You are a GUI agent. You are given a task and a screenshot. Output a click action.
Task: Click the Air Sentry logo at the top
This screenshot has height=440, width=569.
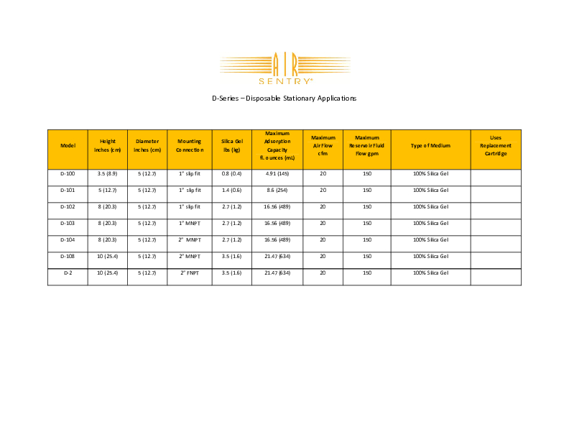click(284, 68)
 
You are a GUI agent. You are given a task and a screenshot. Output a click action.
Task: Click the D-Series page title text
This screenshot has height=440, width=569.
click(284, 98)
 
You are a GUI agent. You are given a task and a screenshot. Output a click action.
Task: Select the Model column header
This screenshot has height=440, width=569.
click(68, 146)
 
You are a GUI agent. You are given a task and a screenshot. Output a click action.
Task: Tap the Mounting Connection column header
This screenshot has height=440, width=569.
click(190, 146)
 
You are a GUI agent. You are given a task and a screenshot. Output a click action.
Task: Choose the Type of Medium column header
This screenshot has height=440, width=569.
click(430, 146)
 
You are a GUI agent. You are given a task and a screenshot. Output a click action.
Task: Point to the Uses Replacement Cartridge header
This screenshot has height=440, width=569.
click(495, 146)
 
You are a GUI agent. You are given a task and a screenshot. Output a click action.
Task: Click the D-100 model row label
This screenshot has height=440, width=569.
click(68, 173)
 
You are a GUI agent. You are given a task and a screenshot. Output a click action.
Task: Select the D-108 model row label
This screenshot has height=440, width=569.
click(68, 257)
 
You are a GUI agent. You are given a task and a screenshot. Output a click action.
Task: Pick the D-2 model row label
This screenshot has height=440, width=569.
click(68, 273)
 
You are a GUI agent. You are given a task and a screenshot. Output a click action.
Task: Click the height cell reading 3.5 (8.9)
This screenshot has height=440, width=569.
click(107, 173)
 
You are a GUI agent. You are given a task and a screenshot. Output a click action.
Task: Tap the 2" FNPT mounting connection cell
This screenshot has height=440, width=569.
click(190, 273)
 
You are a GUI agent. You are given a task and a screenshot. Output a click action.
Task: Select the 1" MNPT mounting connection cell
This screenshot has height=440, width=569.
click(190, 224)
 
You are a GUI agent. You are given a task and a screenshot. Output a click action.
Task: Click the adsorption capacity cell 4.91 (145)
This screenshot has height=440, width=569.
click(277, 173)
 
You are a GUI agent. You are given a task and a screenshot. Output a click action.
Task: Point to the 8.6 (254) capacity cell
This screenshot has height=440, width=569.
click(277, 190)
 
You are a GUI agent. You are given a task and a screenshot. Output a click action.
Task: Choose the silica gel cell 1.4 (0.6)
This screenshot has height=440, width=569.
click(231, 190)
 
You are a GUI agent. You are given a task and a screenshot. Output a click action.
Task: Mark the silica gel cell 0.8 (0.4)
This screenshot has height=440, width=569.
click(231, 173)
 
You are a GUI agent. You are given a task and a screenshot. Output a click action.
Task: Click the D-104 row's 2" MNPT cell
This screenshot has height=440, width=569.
click(190, 240)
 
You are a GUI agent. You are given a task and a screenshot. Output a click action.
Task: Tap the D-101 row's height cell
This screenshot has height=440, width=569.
click(107, 190)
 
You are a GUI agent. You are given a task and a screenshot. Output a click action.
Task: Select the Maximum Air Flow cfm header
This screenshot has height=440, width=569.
click(323, 146)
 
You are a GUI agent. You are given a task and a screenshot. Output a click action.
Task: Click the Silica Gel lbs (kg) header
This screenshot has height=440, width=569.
click(231, 146)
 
